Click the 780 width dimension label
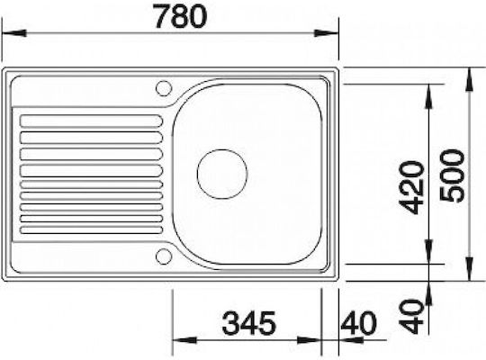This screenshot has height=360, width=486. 181,16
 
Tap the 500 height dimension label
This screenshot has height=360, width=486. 452,175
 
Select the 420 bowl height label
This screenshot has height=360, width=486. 411,187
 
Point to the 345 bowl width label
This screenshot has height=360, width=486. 249,323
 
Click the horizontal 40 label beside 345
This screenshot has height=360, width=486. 358,323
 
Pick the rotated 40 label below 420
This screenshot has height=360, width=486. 411,316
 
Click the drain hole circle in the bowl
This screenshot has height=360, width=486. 222,174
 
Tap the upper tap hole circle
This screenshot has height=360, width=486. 164,88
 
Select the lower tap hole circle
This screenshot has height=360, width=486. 164,256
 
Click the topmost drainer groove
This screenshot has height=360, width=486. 91,121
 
